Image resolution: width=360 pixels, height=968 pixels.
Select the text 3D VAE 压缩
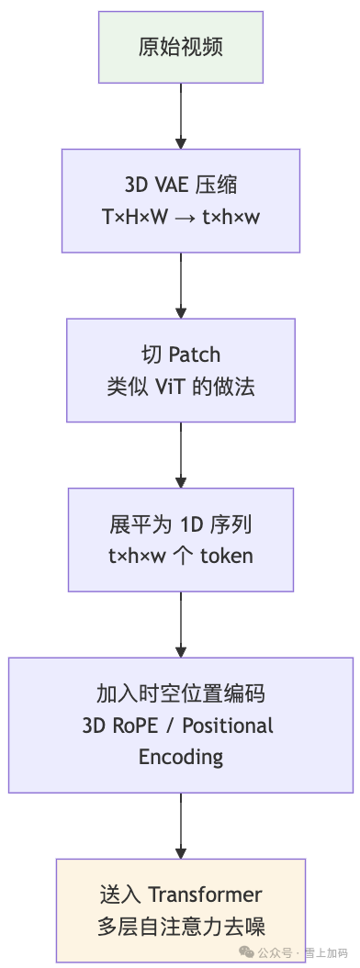[x=181, y=185]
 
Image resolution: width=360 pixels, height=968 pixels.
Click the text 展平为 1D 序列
[x=181, y=524]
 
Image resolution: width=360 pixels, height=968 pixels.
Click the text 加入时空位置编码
[x=181, y=693]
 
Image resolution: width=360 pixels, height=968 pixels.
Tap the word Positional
[x=228, y=725]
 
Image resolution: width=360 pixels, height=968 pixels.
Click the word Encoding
[x=181, y=756]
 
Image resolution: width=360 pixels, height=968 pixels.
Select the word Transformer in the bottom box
[x=205, y=894]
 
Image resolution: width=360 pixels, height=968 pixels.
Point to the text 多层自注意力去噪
[x=181, y=925]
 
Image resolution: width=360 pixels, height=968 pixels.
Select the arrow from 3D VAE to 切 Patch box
[x=181, y=285]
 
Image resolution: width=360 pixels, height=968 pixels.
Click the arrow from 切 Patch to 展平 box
[x=181, y=455]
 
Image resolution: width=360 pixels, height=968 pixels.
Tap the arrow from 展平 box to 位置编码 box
[x=181, y=625]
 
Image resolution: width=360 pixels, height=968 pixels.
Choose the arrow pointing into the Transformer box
[x=181, y=827]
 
